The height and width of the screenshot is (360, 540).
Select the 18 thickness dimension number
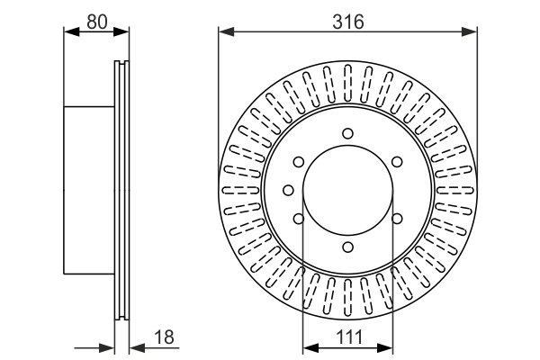pyautogui.click(x=164, y=337)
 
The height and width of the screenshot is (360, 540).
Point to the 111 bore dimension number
pyautogui.click(x=347, y=337)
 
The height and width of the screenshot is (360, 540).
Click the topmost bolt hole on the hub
pyautogui.click(x=347, y=134)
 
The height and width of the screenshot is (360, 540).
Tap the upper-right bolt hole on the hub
pyautogui.click(x=396, y=162)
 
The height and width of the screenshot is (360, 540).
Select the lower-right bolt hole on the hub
pyautogui.click(x=396, y=218)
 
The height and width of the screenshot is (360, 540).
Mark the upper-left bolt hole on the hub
pyautogui.click(x=299, y=162)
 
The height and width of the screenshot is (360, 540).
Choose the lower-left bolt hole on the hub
pyautogui.click(x=299, y=218)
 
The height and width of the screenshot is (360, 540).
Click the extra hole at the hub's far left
pyautogui.click(x=287, y=190)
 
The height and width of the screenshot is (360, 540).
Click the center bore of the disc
pyautogui.click(x=347, y=190)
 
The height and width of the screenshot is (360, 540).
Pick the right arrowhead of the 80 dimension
pyautogui.click(x=123, y=33)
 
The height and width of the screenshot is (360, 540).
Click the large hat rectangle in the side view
pyautogui.click(x=90, y=190)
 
